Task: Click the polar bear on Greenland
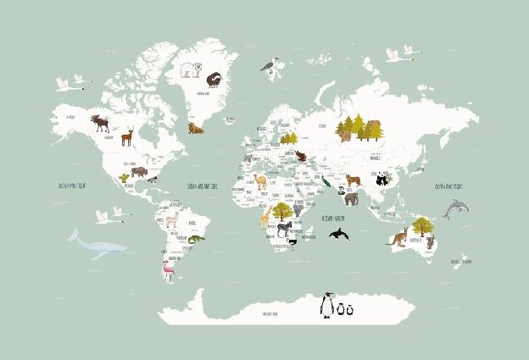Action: point(189,69)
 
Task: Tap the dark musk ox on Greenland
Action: point(214,79)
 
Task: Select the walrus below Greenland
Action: point(197,129)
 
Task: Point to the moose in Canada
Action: point(101,123)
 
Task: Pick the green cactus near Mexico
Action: point(125,178)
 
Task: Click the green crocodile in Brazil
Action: point(197,240)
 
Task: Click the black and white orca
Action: point(338,233)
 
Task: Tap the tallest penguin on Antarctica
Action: point(326,305)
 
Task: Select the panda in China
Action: point(382,179)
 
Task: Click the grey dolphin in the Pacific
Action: point(455,208)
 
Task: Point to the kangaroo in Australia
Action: point(398,236)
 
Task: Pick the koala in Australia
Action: point(430,243)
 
